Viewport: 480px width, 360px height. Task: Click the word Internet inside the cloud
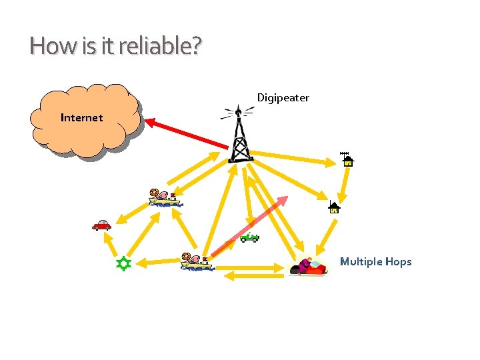pos(81,118)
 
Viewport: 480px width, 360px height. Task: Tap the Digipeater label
pos(283,98)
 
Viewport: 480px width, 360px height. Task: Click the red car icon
pos(101,225)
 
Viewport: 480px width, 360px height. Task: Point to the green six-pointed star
pos(122,264)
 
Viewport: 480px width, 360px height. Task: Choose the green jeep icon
pos(249,237)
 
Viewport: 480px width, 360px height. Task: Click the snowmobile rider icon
pos(309,267)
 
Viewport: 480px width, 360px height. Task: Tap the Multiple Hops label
pos(375,261)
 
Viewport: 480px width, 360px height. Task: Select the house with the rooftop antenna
pos(347,159)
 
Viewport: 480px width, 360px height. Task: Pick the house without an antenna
pos(334,207)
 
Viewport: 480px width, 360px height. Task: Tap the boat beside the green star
pos(196,261)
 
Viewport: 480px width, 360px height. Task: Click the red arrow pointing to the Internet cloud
pos(187,134)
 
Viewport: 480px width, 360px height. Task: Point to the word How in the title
pos(45,47)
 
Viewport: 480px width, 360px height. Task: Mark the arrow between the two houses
pos(343,184)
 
